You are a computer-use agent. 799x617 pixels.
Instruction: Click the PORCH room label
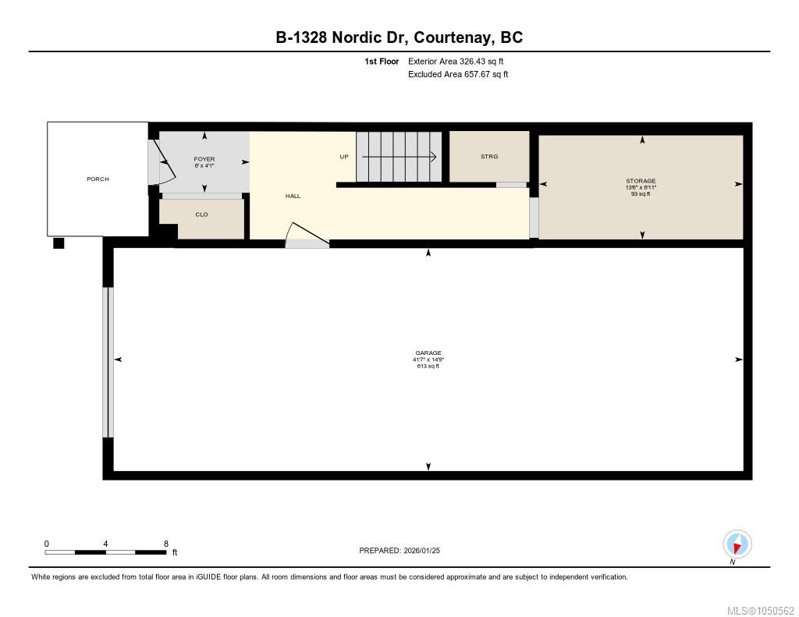point(98,179)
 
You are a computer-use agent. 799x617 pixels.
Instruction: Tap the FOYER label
point(204,159)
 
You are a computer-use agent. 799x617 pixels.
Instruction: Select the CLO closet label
point(202,215)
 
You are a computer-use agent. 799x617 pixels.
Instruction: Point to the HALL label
point(293,196)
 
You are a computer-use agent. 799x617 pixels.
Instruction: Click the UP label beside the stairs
point(344,157)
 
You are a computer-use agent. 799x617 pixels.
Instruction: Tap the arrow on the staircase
point(399,157)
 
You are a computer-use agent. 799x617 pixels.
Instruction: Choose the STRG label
point(489,157)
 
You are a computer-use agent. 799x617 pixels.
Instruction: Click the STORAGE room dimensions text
point(641,187)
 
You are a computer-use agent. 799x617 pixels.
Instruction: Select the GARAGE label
point(428,353)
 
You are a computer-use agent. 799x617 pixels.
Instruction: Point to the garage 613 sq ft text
point(428,366)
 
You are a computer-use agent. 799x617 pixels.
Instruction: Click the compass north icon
point(737,544)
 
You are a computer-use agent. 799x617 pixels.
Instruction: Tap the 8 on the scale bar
point(166,544)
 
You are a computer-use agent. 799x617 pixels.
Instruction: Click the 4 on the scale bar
point(105,544)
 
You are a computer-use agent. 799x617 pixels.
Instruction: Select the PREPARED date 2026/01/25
point(422,550)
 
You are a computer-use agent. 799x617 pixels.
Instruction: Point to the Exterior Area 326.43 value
point(473,61)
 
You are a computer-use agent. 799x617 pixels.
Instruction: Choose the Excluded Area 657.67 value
point(477,74)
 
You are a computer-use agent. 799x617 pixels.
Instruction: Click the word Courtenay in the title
point(453,37)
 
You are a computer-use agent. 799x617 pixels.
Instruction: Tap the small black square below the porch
point(59,243)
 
